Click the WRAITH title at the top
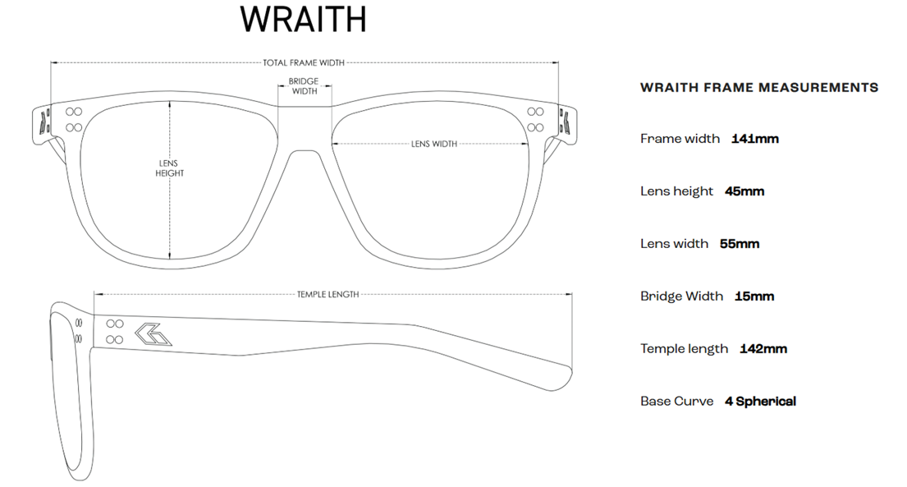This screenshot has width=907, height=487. [304, 20]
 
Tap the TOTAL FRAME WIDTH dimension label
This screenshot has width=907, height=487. [304, 62]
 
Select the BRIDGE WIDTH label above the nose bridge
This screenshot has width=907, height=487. [305, 86]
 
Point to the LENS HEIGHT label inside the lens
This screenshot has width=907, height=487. [170, 168]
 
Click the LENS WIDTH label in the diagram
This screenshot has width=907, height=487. [434, 144]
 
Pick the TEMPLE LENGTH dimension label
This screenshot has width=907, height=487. [328, 294]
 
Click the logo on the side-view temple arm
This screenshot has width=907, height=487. [153, 333]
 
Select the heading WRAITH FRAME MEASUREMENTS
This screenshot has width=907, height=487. [759, 87]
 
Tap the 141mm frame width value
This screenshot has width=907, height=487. [755, 139]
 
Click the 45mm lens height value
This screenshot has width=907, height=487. [744, 191]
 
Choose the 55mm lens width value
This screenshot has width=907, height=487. [740, 244]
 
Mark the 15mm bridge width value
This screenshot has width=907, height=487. [754, 296]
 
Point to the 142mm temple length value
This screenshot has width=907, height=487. [763, 349]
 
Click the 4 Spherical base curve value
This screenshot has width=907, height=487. [760, 402]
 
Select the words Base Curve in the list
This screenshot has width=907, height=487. [677, 402]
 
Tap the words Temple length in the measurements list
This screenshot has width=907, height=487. [685, 349]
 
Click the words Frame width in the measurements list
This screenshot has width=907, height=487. [680, 139]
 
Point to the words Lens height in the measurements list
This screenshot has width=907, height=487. [677, 191]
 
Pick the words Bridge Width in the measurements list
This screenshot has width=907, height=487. [682, 296]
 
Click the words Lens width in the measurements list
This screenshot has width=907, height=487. [675, 244]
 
